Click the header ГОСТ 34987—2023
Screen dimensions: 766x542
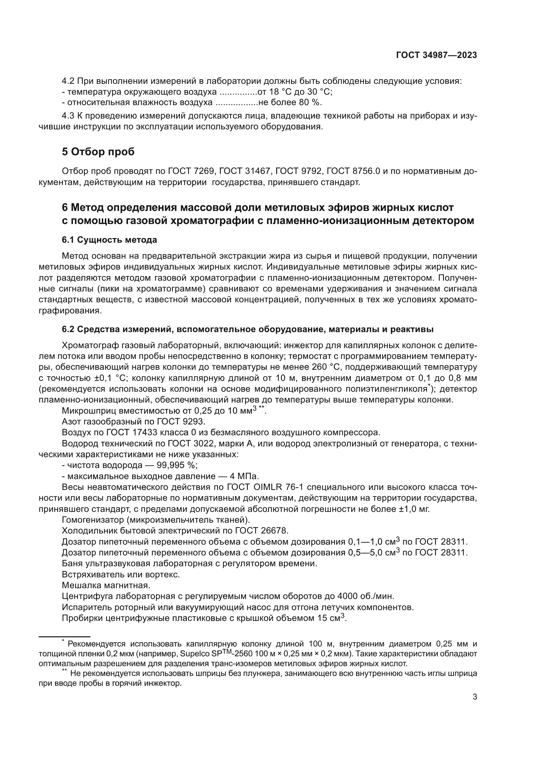[x=436, y=55]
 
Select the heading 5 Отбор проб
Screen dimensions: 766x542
[x=98, y=152]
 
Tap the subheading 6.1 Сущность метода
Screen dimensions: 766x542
[x=109, y=240]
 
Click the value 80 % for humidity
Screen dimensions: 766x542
[x=309, y=103]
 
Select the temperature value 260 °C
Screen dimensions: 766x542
[x=325, y=367]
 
